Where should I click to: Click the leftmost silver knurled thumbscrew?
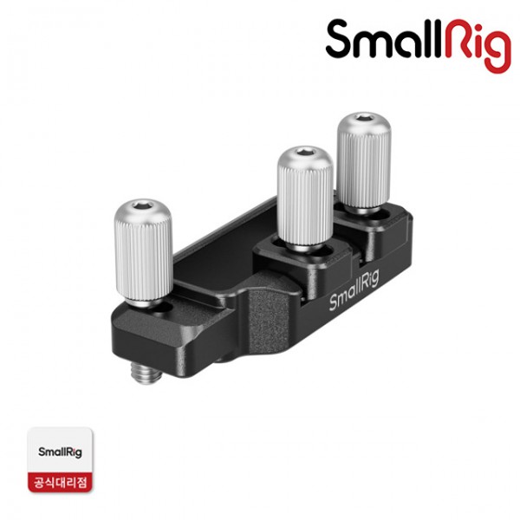coord(143,253)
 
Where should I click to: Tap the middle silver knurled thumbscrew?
coord(305,198)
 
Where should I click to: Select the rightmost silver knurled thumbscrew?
coord(364,163)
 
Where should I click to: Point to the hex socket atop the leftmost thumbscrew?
coord(143,205)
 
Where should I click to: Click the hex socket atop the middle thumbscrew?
coord(305,152)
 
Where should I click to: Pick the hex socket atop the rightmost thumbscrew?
coord(364,118)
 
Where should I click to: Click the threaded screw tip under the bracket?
coord(145,373)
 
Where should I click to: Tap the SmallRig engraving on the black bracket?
coord(354,289)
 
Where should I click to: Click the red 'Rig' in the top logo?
coord(478,45)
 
